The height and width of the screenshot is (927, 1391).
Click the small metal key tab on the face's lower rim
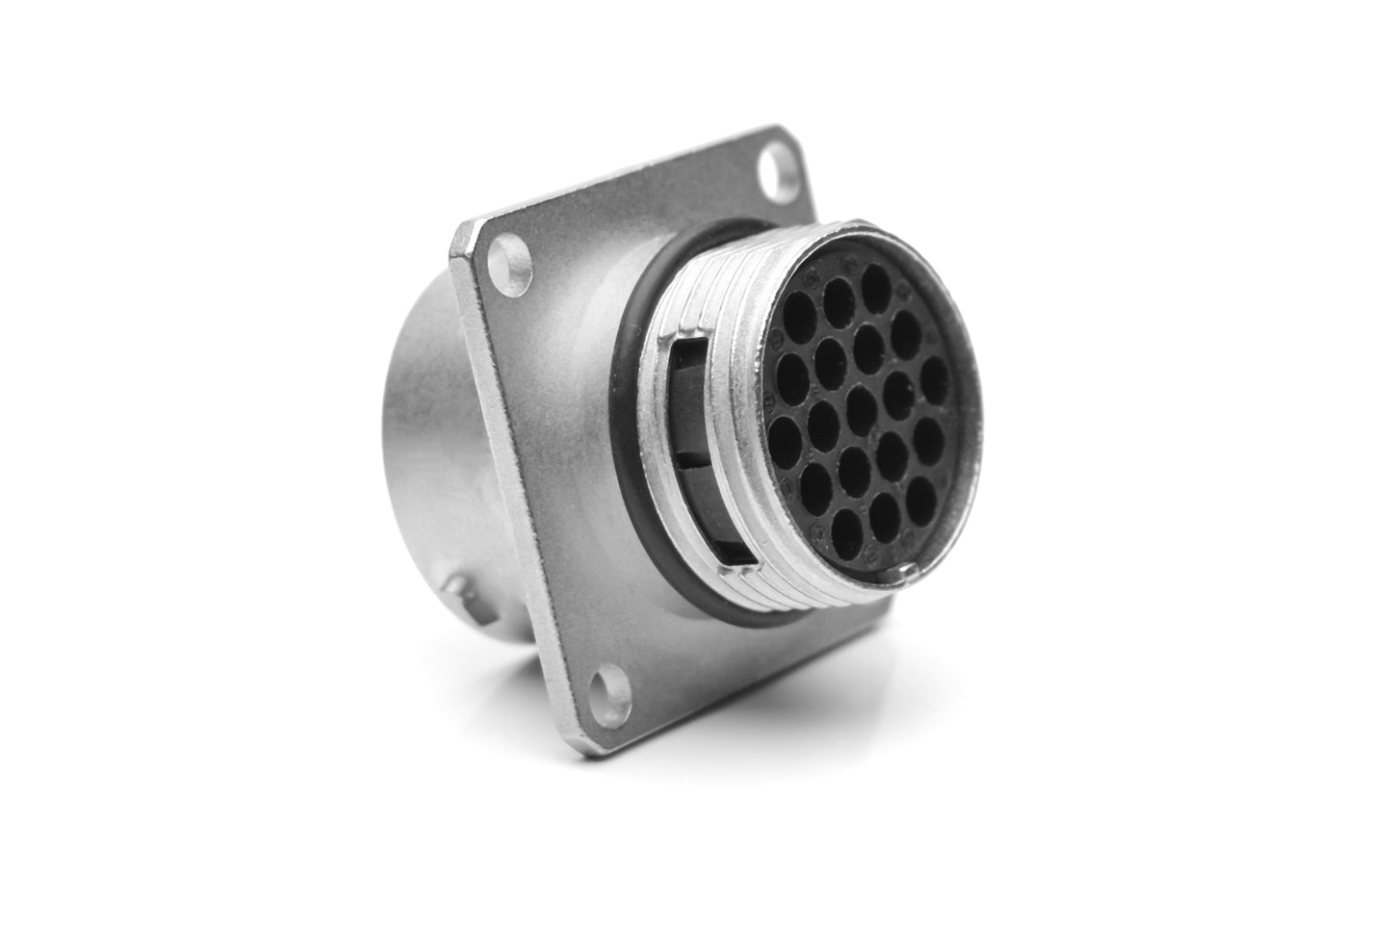click(x=909, y=574)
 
